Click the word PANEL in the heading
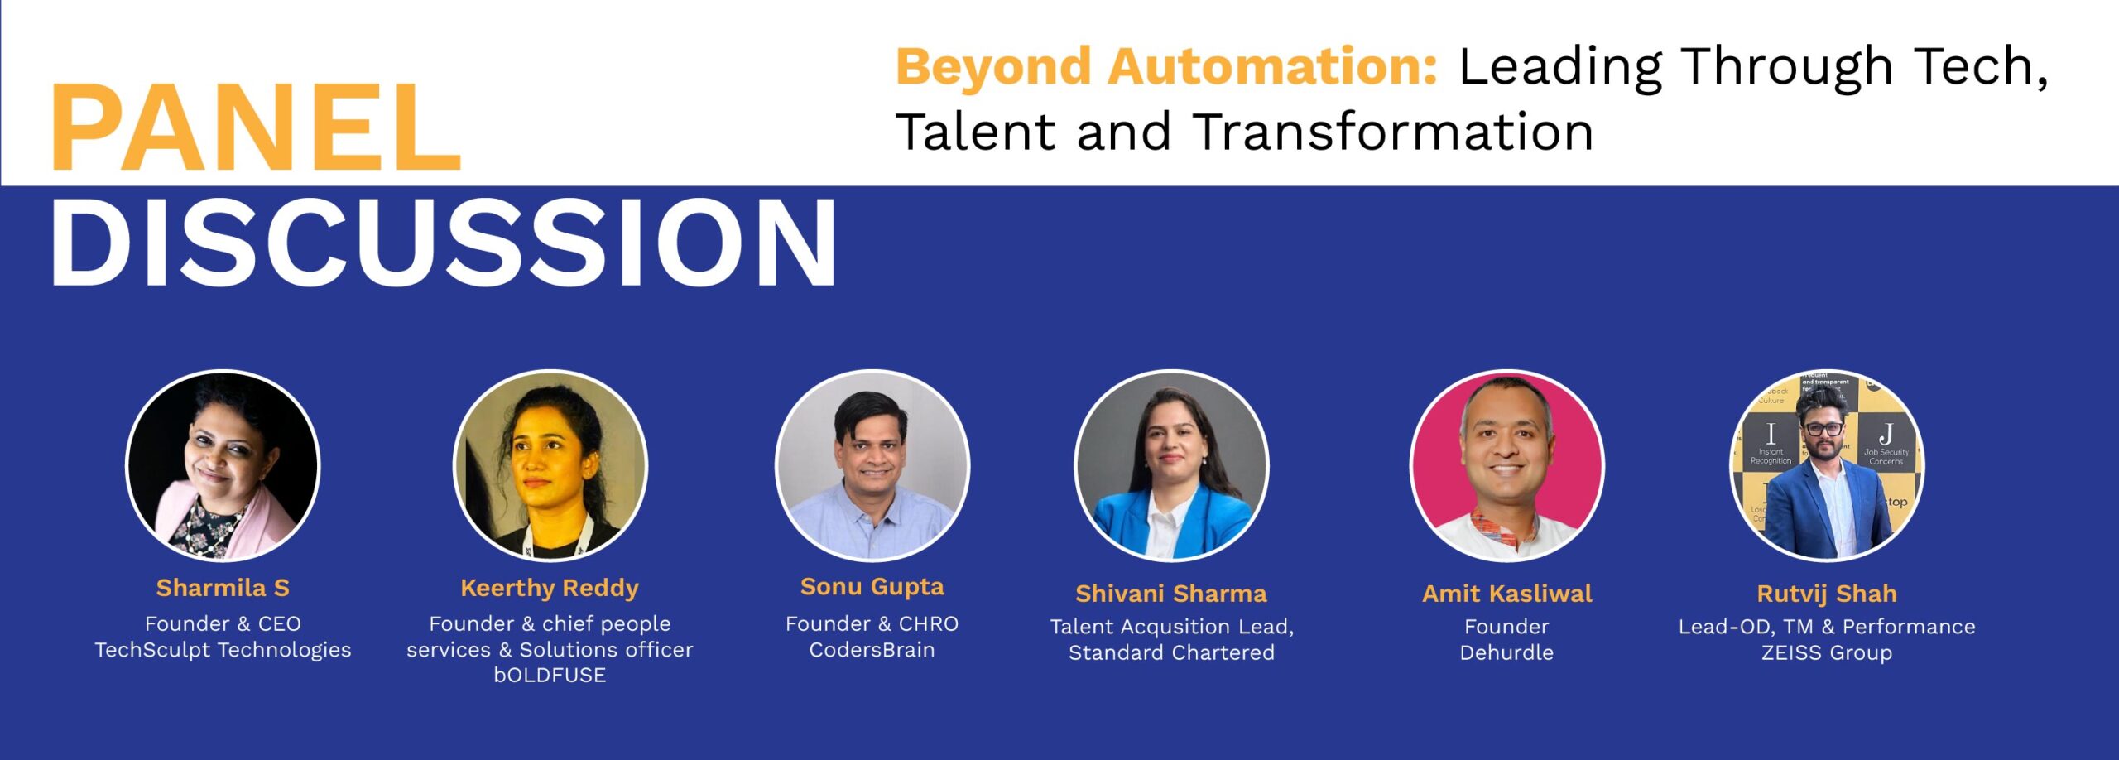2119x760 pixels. pos(255,127)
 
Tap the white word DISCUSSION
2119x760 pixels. pos(444,243)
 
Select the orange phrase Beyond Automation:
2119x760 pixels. pos(1167,67)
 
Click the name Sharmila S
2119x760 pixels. pos(223,588)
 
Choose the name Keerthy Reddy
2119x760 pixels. pos(550,589)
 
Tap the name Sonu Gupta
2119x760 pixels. pos(872,587)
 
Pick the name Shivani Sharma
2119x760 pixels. pos(1171,594)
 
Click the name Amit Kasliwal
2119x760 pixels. pos(1506,594)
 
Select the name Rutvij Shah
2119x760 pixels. pos(1827,594)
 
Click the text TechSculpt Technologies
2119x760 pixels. pos(223,650)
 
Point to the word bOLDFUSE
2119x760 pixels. pos(550,676)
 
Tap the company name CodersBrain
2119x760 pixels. pos(872,650)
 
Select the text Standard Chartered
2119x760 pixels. pos(1171,652)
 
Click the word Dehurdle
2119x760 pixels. pos(1506,652)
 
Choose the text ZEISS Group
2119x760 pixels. pos(1827,653)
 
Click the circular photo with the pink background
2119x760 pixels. pos(1506,465)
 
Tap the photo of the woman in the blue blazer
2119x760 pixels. pos(1171,465)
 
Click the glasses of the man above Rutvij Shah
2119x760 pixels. pos(1823,429)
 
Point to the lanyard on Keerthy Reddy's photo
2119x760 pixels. pos(556,536)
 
